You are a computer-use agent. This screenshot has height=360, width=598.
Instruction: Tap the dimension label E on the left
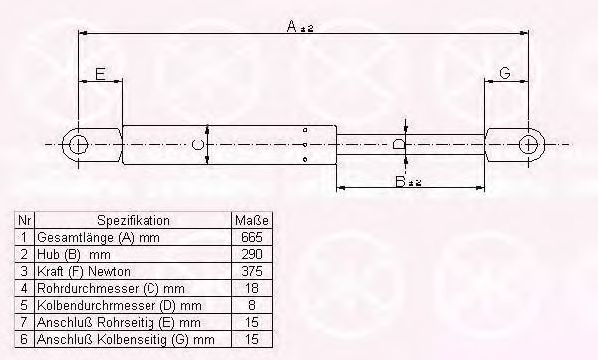tap(100, 73)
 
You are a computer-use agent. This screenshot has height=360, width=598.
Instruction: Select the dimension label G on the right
tap(506, 73)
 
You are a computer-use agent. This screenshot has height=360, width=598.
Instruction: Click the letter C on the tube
tap(198, 145)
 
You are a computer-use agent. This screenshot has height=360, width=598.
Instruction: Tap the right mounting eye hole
tap(527, 144)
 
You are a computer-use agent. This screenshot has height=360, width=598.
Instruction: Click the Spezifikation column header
tap(134, 221)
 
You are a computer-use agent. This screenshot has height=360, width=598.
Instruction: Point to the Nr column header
tap(26, 221)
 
